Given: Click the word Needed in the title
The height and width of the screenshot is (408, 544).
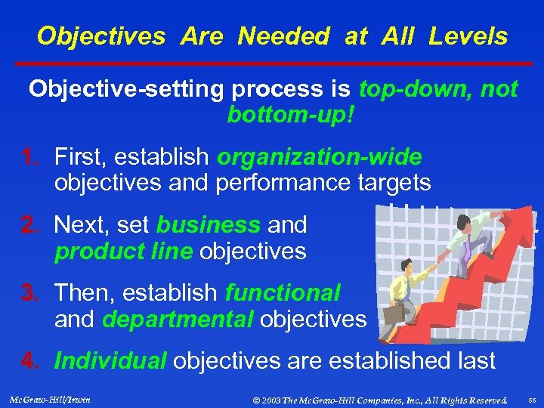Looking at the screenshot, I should pyautogui.click(x=284, y=36).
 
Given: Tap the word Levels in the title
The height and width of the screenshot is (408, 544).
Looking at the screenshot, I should pyautogui.click(x=468, y=36).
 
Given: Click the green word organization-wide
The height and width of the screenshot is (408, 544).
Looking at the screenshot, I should pyautogui.click(x=319, y=157).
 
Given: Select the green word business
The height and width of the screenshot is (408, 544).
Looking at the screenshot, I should pyautogui.click(x=209, y=224).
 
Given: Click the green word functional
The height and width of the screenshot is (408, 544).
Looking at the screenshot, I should pyautogui.click(x=283, y=292).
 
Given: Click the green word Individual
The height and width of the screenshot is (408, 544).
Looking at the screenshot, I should pyautogui.click(x=110, y=360).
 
